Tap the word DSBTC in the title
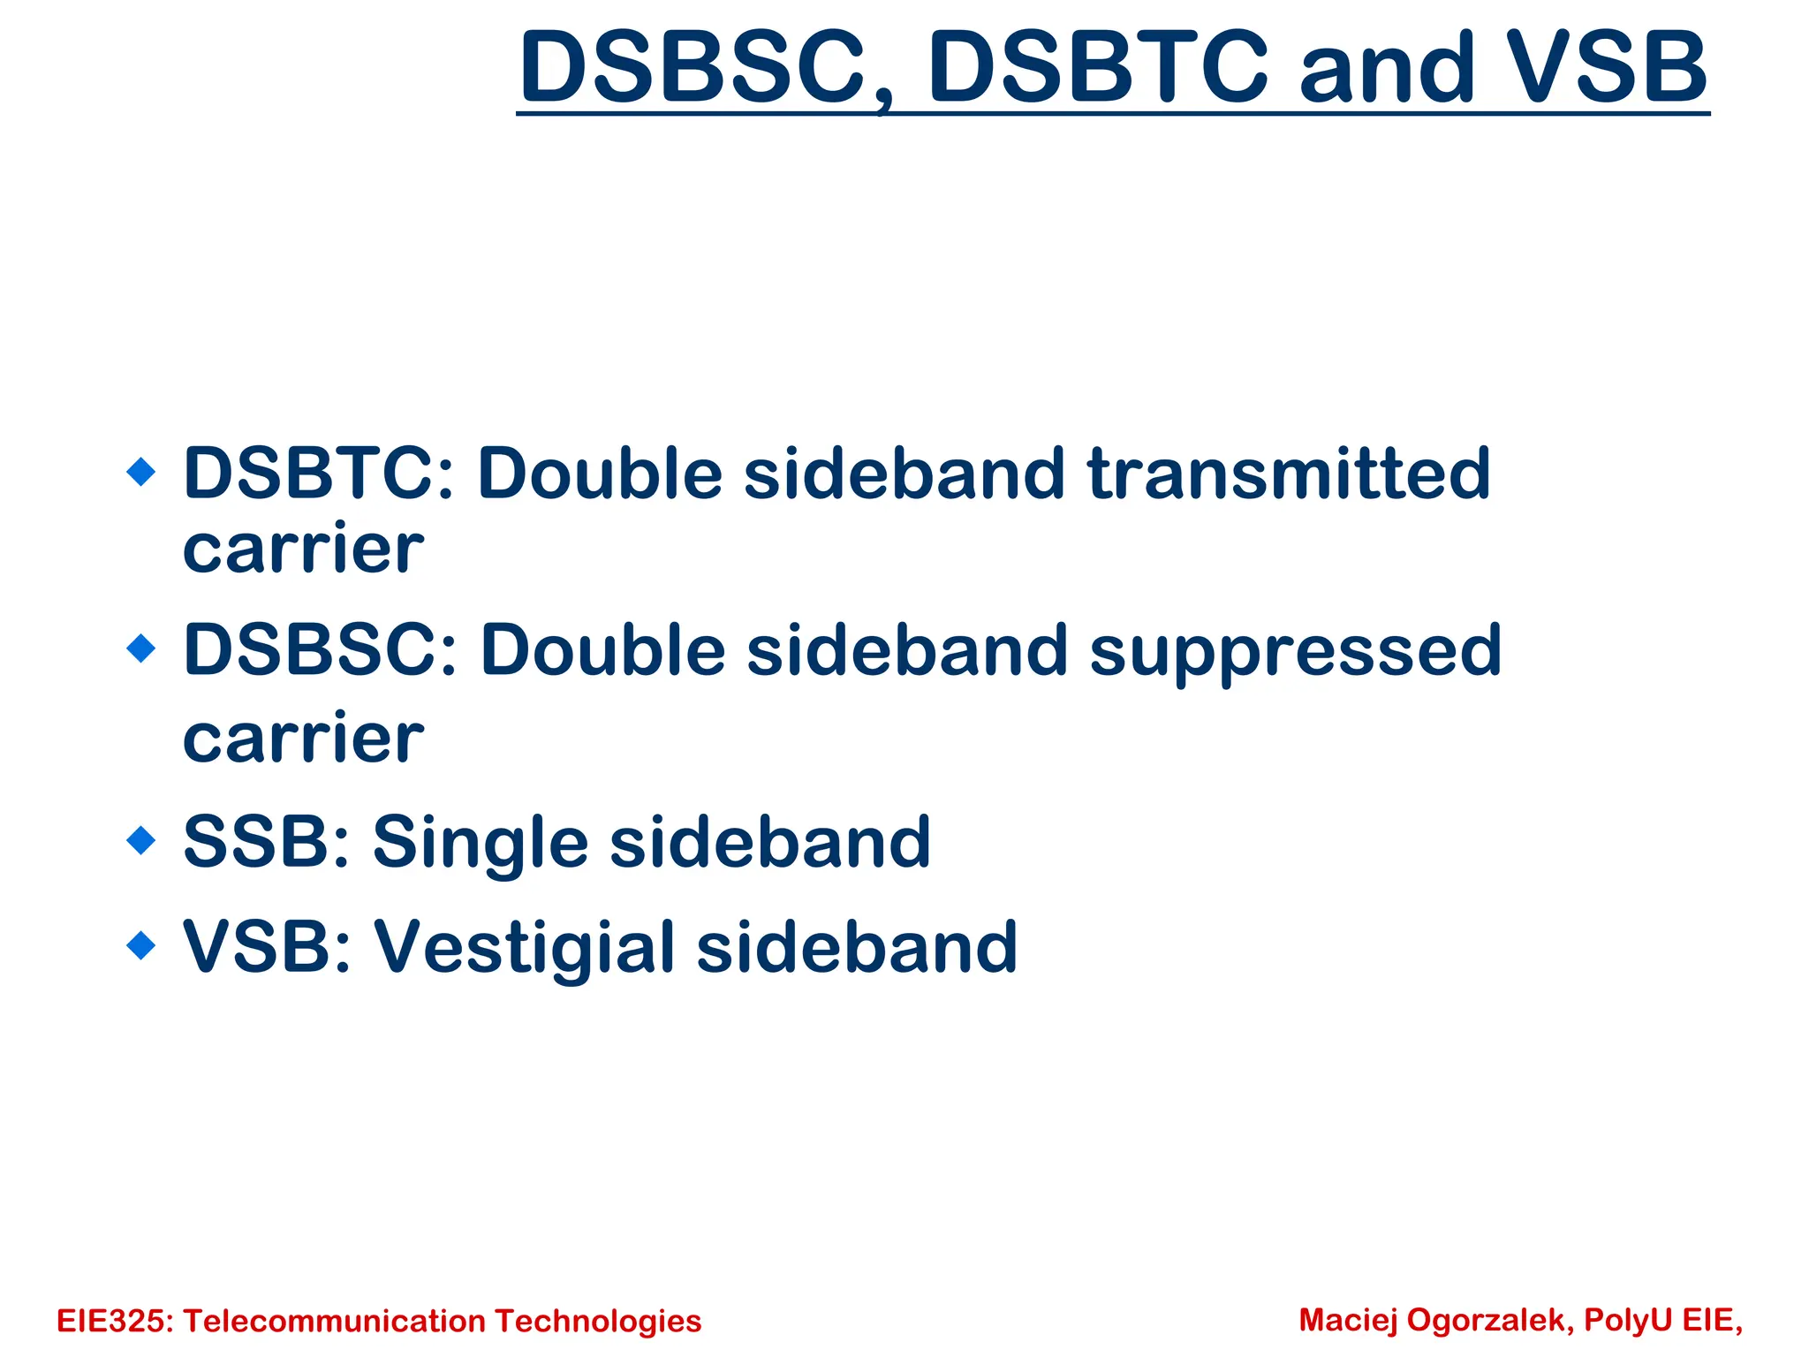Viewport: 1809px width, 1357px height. pyautogui.click(x=1098, y=67)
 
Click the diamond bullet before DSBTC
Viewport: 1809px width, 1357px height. pyautogui.click(x=141, y=472)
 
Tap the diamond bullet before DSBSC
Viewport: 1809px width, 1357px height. pyautogui.click(x=141, y=648)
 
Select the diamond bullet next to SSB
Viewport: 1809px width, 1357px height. pyautogui.click(x=141, y=839)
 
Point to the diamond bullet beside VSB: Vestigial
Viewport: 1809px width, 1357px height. pyautogui.click(x=141, y=945)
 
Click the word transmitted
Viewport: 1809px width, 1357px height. pyautogui.click(x=1289, y=474)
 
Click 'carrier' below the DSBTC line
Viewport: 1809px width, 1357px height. pyautogui.click(x=303, y=550)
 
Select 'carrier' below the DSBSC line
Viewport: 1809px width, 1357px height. pyautogui.click(x=303, y=739)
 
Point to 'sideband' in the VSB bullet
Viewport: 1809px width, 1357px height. pyautogui.click(x=857, y=947)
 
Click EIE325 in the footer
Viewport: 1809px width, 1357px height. pyautogui.click(x=114, y=1321)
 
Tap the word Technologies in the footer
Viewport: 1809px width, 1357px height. pyautogui.click(x=598, y=1321)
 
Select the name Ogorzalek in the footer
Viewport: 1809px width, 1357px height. pyautogui.click(x=1489, y=1320)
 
